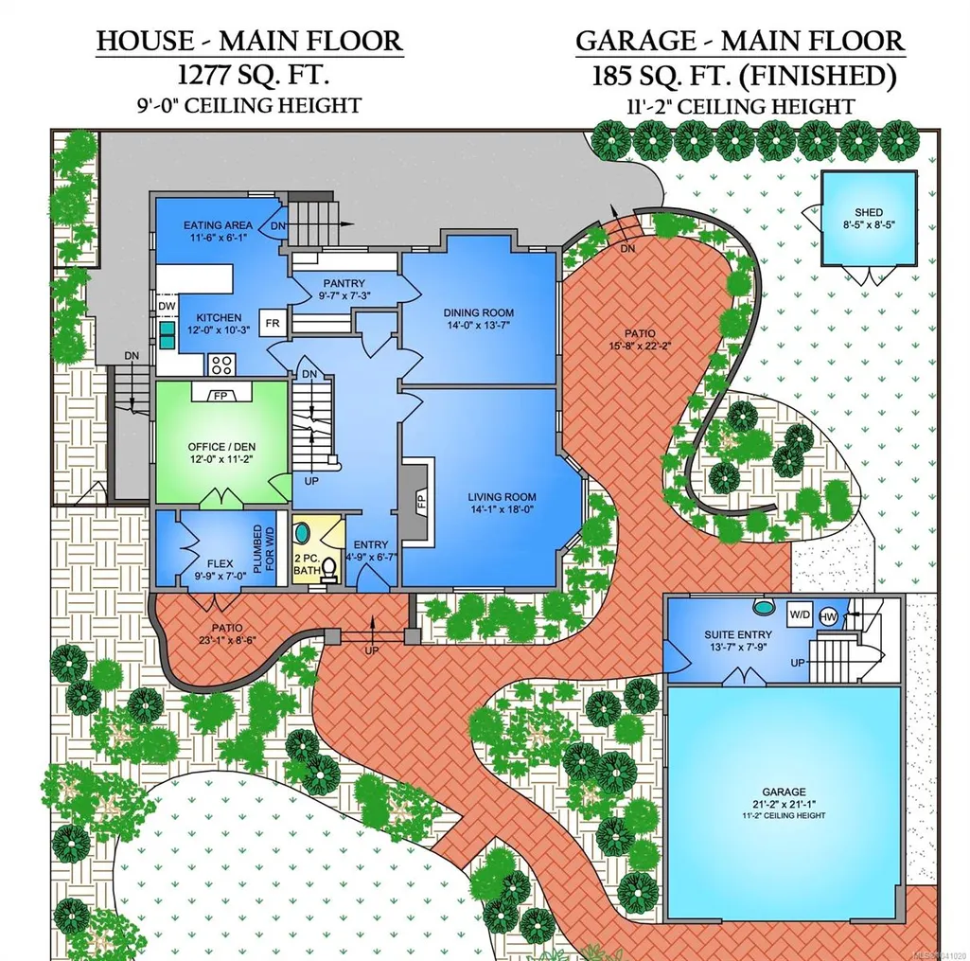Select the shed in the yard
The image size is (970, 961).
coord(869,219)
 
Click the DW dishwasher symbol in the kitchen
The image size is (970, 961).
coord(167,306)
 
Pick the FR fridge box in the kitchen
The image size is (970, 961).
coord(273,323)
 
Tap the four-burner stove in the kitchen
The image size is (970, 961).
coord(221,364)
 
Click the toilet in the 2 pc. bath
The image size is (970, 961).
coord(329,570)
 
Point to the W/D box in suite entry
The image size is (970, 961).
coord(800,615)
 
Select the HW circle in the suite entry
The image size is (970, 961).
coord(828,616)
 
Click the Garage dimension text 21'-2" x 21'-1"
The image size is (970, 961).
coord(784,804)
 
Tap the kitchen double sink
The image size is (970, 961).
coord(167,335)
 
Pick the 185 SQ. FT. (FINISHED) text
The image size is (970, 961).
coord(744,76)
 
